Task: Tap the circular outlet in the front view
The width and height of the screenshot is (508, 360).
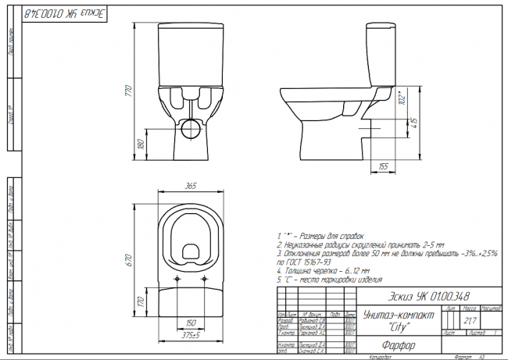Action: pyautogui.click(x=190, y=127)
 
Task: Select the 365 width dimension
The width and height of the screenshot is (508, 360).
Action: pyautogui.click(x=190, y=186)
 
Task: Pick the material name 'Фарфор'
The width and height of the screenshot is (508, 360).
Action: pyautogui.click(x=399, y=343)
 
